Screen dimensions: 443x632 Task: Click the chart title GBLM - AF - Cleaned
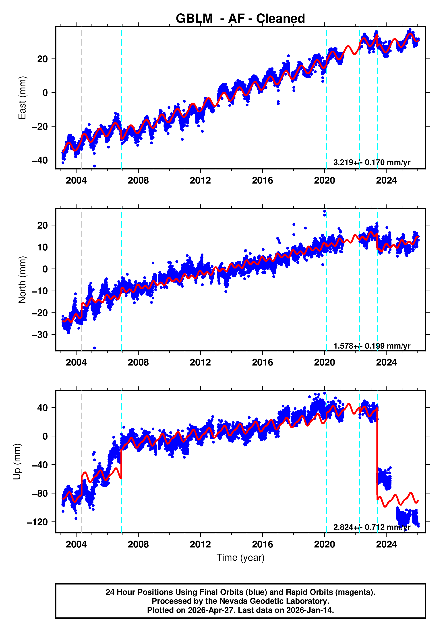coord(240,19)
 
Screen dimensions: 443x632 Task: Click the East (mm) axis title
coord(22,98)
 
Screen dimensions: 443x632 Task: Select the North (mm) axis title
coord(22,280)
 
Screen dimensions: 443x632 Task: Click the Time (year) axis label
coord(240,557)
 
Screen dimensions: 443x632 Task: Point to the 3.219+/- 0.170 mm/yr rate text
coord(372,162)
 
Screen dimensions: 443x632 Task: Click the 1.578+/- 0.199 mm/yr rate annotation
coord(372,346)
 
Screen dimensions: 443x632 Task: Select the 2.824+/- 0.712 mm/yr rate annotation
coord(372,527)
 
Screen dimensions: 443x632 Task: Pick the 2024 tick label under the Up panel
coord(387,544)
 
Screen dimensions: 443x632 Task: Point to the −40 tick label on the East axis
coord(40,160)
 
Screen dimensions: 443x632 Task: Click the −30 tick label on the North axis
coord(40,335)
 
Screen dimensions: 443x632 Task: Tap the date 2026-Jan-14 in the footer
coord(310,610)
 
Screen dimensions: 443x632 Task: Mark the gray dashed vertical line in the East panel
coord(81,98)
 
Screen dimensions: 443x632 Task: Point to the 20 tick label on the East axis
coord(42,59)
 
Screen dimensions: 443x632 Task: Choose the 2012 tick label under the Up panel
coord(200,544)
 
